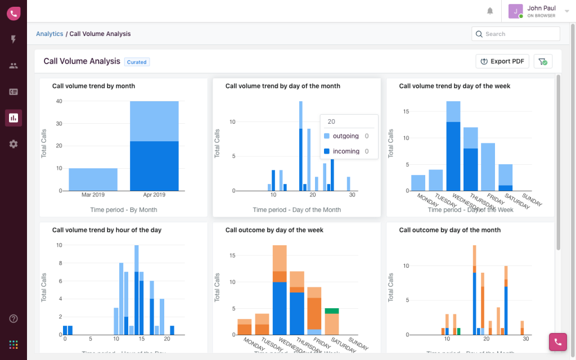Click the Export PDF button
click(x=502, y=61)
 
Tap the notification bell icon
click(x=490, y=11)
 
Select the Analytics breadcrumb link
click(x=49, y=34)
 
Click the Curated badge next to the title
click(x=137, y=62)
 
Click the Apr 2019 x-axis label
click(x=154, y=195)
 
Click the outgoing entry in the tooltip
click(x=345, y=136)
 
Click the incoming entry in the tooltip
click(x=346, y=151)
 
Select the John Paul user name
click(x=541, y=8)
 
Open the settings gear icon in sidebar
click(x=13, y=144)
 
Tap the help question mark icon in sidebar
click(x=13, y=318)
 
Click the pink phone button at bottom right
click(x=557, y=341)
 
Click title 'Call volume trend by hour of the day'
click(x=107, y=230)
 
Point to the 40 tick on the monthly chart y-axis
click(x=58, y=101)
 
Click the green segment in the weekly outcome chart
click(x=332, y=310)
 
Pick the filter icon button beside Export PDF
click(x=543, y=61)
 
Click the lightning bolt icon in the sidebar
click(x=13, y=39)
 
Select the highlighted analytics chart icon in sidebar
click(x=13, y=118)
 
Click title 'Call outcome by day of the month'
click(x=449, y=230)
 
